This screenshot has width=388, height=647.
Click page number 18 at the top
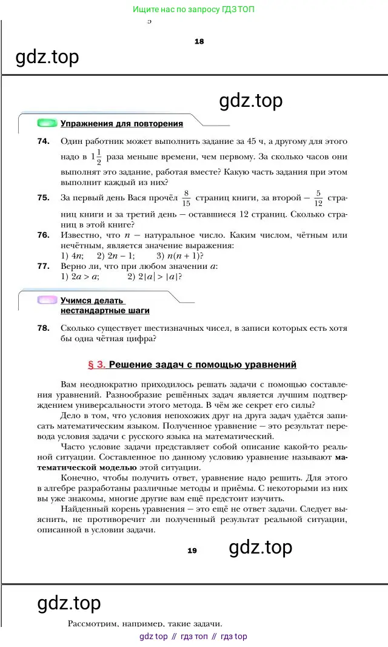pyautogui.click(x=199, y=41)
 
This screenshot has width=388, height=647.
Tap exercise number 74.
pyautogui.click(x=42, y=141)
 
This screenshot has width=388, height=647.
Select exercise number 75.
pyautogui.click(x=42, y=197)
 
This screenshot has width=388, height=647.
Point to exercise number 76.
pyautogui.click(x=42, y=235)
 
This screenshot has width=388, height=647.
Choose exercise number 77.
pyautogui.click(x=42, y=266)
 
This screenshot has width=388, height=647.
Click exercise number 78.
pyautogui.click(x=42, y=328)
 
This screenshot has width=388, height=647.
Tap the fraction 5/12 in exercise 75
pyautogui.click(x=318, y=198)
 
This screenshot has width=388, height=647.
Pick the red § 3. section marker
pyautogui.click(x=97, y=365)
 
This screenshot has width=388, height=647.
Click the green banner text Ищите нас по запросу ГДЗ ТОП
pyautogui.click(x=193, y=10)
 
